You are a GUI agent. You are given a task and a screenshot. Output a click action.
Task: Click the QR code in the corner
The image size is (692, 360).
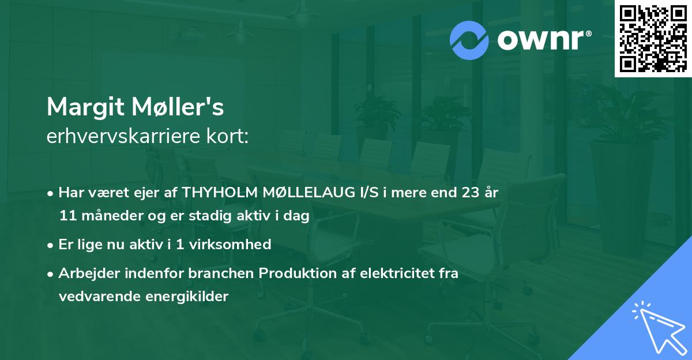point(652,39)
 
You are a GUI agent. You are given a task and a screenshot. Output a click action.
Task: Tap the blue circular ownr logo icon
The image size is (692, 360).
point(469,40)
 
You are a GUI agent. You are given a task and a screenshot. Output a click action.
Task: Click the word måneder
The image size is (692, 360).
point(105,216)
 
